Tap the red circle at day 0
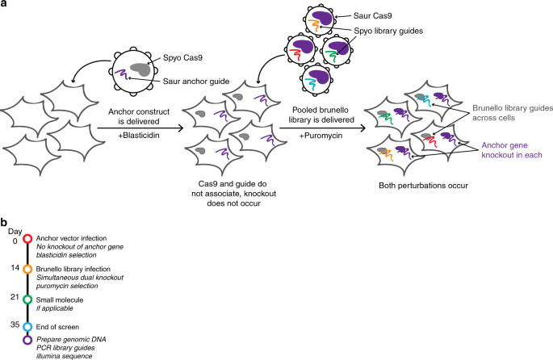pyautogui.click(x=27, y=239)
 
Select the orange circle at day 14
pyautogui.click(x=27, y=269)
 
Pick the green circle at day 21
pyautogui.click(x=27, y=299)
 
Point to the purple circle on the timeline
pyautogui.click(x=27, y=340)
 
